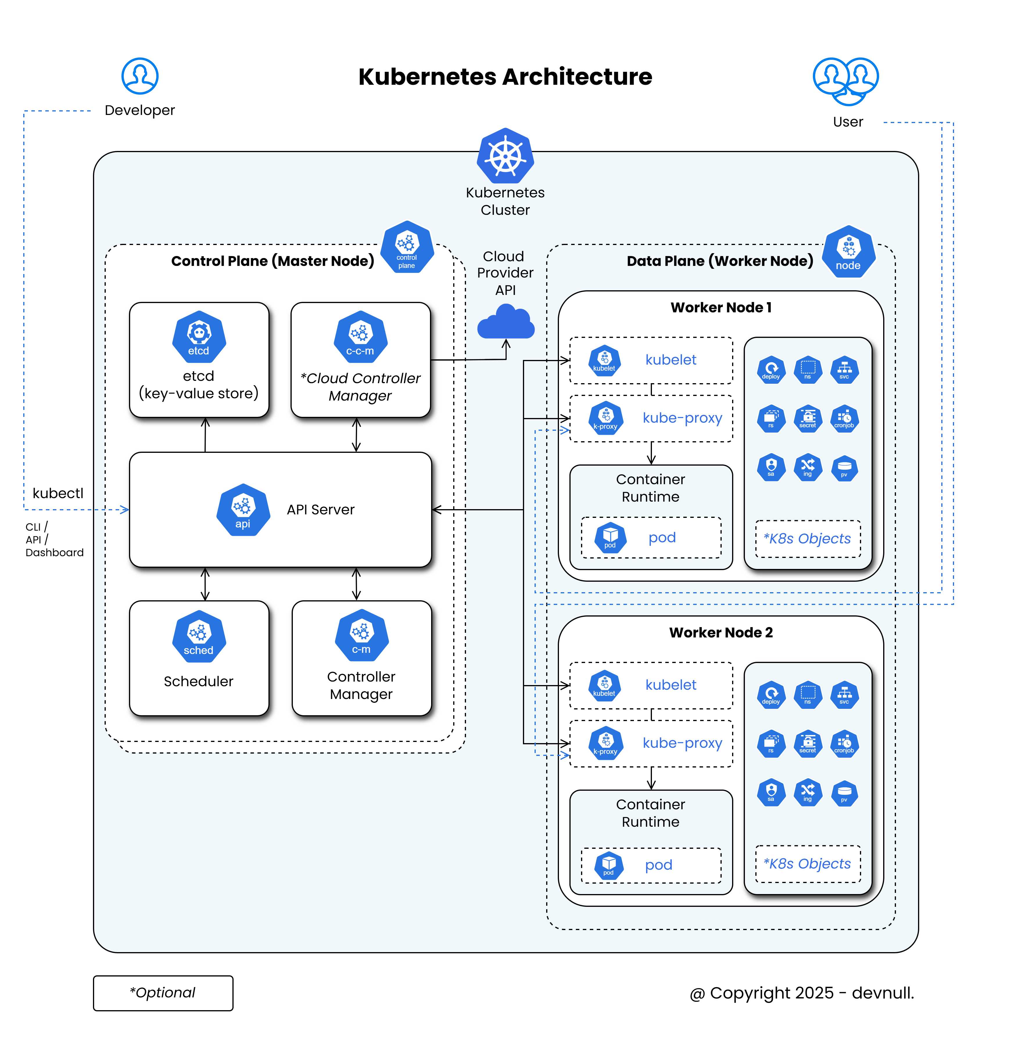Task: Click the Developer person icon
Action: point(140,76)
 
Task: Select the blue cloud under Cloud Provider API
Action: point(506,322)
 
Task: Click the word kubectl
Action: point(58,493)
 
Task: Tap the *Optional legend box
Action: point(163,993)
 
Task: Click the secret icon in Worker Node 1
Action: point(808,419)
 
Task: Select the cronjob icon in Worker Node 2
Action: point(844,743)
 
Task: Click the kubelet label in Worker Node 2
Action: point(671,685)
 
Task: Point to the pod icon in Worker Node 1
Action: point(610,537)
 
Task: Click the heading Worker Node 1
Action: point(721,308)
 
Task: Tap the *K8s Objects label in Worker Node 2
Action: point(807,864)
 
